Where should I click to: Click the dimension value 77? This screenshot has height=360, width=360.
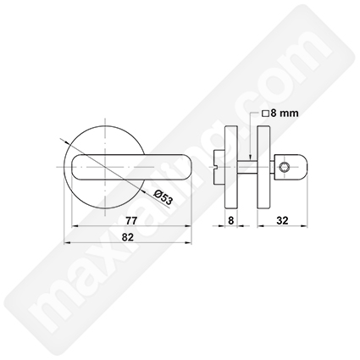131,220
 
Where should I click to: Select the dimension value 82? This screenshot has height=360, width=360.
127,237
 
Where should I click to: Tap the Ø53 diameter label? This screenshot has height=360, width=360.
163,197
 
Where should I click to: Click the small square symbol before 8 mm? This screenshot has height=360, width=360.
265,114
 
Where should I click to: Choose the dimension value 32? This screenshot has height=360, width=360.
282,220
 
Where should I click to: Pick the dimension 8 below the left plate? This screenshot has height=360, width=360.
231,220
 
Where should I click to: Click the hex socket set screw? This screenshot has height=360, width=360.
284,169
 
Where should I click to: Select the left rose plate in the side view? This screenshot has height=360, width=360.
231,167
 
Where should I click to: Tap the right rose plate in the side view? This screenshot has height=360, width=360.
263,167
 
